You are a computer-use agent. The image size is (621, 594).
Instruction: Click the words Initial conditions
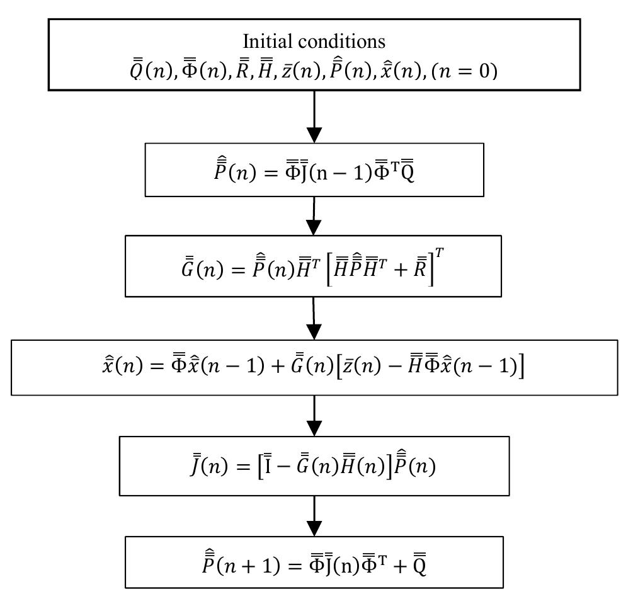pos(314,42)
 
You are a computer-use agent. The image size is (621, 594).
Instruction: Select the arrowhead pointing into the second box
pos(314,134)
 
